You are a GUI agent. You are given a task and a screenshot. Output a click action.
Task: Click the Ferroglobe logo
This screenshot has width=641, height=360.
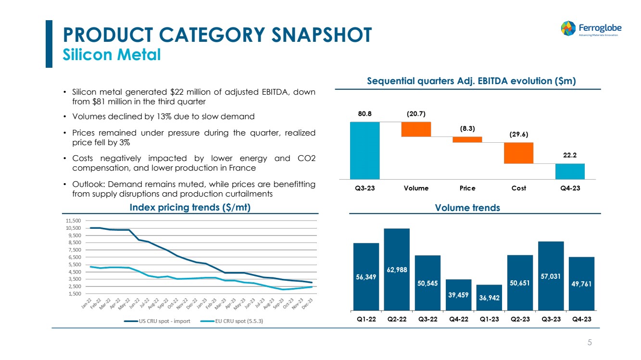[589, 28]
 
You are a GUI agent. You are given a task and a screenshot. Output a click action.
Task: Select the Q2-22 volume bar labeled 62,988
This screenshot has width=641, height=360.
[397, 269]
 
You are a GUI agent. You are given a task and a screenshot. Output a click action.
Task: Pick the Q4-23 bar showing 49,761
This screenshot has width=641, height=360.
[581, 284]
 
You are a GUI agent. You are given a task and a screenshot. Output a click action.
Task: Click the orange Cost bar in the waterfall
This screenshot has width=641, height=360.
[518, 153]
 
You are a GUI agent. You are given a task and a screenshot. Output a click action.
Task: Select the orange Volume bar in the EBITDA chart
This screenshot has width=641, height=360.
[416, 129]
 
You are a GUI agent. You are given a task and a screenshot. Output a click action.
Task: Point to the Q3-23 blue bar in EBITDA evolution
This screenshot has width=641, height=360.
[364, 150]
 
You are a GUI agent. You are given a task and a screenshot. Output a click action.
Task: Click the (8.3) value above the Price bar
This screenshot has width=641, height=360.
[467, 129]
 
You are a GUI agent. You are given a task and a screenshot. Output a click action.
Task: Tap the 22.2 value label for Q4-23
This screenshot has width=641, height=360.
[570, 156]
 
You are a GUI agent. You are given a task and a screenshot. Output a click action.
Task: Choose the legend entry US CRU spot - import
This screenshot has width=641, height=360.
[163, 321]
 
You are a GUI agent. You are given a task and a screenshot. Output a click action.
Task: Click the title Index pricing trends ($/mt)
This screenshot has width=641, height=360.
[190, 208]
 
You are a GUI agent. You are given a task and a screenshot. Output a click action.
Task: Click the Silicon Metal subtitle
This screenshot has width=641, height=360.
[112, 55]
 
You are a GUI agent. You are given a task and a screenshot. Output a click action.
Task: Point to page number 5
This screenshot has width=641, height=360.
[590, 342]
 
